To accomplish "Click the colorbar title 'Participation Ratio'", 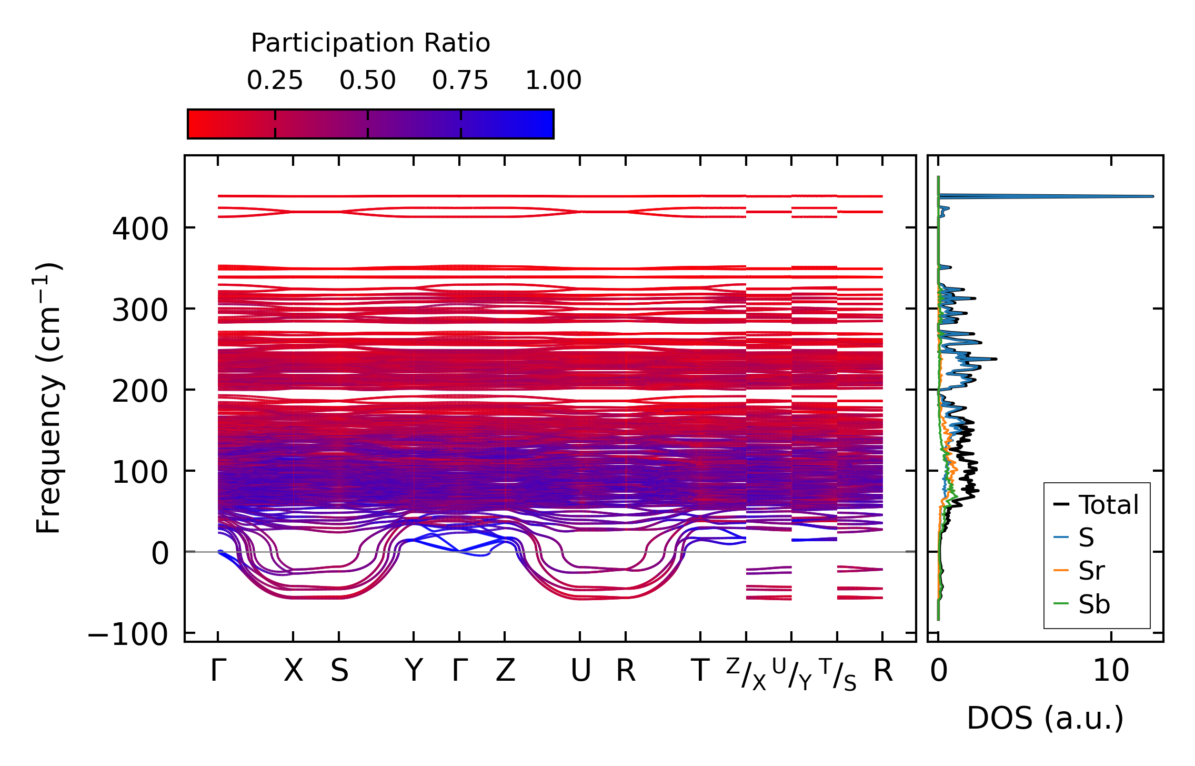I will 370,43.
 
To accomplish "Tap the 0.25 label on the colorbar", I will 275,81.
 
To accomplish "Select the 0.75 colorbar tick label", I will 460,81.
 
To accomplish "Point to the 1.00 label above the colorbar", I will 554,81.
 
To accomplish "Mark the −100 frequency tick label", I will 128,634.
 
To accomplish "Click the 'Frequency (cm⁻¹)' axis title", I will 49,398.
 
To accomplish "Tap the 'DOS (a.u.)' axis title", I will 1045,718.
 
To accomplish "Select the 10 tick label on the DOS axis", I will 1111,671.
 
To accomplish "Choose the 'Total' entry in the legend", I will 1108,505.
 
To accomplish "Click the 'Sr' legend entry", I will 1091,571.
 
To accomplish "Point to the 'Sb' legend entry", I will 1094,604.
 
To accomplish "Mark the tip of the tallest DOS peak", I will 1153,196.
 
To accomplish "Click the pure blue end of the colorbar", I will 550,124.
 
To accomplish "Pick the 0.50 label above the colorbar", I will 367,81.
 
